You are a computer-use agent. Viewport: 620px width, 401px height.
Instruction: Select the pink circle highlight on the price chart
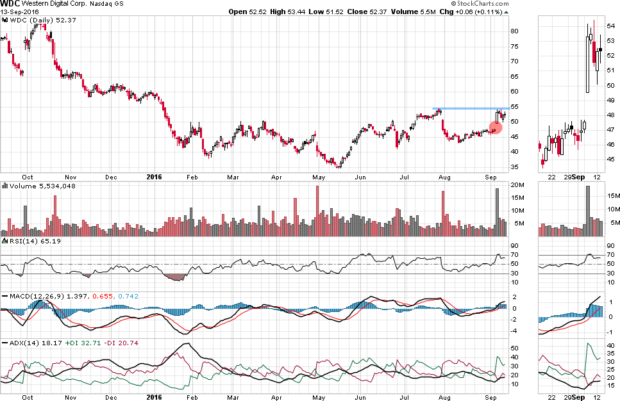496,127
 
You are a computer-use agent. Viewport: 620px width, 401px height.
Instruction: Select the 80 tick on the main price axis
514,31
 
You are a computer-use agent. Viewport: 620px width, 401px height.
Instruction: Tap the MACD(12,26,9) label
32,296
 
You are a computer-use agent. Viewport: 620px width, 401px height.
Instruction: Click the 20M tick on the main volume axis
516,185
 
